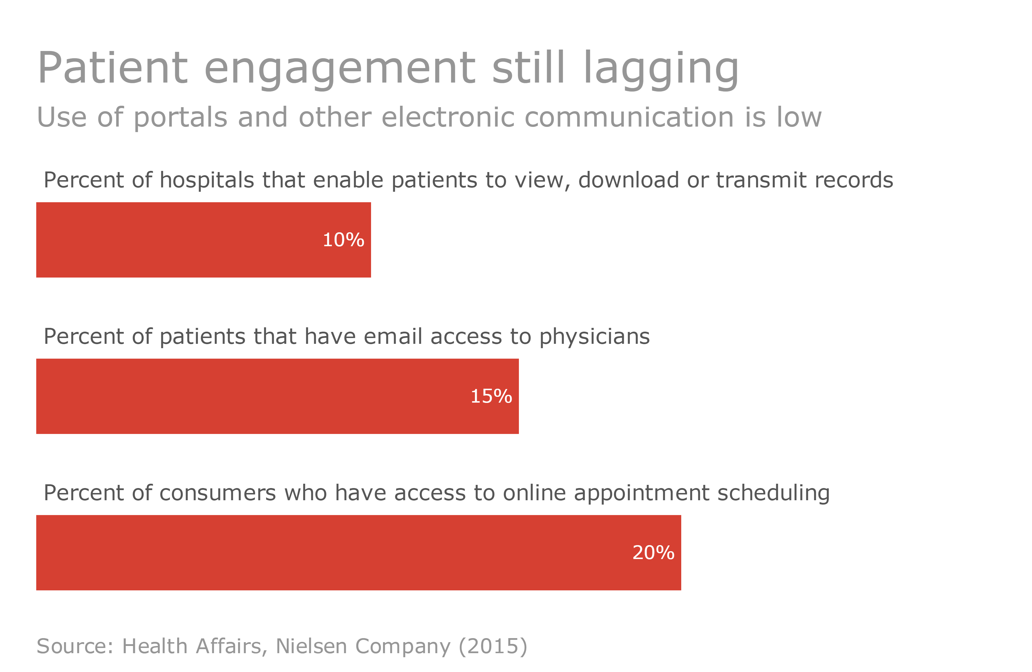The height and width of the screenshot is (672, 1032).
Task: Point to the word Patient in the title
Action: coord(113,68)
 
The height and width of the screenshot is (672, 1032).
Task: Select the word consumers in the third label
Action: coord(217,493)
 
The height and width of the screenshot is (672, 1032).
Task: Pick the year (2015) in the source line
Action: coord(493,647)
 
